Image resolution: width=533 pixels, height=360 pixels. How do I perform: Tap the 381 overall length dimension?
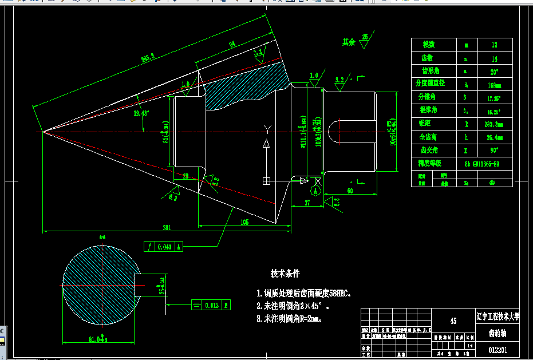click(166, 227)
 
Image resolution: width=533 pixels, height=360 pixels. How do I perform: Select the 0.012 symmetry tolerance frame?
click(210, 305)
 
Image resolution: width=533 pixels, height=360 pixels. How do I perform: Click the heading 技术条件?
click(285, 274)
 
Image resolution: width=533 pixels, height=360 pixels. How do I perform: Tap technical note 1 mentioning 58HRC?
click(304, 293)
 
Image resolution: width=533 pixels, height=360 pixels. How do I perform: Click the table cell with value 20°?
click(494, 72)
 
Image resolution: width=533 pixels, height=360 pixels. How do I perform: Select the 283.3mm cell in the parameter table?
click(494, 124)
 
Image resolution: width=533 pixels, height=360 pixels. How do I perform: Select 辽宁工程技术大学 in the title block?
click(497, 316)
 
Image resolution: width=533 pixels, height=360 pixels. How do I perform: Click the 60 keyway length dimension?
click(350, 191)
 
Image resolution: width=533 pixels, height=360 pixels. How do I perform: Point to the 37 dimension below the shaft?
click(307, 203)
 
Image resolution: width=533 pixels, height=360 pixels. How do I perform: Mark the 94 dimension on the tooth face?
click(232, 44)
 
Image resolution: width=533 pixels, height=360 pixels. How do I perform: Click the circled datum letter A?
click(315, 190)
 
